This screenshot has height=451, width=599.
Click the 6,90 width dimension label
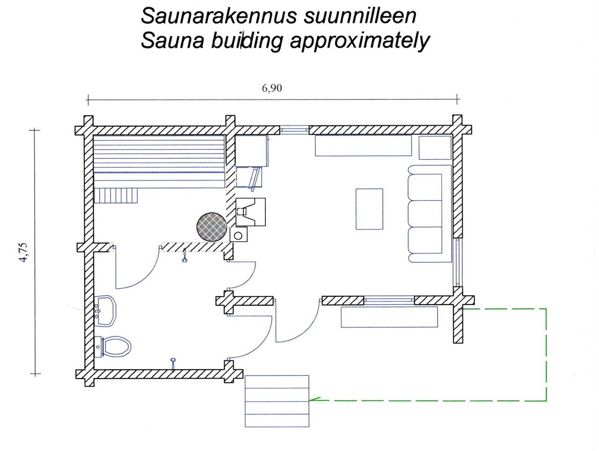[x=272, y=88]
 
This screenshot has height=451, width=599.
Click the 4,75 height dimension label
[x=24, y=252]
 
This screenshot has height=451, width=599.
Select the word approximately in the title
[x=359, y=41]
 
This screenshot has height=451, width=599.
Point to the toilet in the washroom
[x=114, y=347]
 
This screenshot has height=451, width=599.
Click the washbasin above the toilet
[x=106, y=311]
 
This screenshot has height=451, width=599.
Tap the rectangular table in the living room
[x=369, y=209]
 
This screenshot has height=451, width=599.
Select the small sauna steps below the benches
[x=117, y=195]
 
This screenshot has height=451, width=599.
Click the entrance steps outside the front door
[x=277, y=401]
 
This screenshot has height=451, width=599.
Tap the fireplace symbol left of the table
[x=250, y=212]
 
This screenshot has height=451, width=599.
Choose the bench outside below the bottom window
[x=389, y=317]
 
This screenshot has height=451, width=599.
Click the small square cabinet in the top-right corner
[x=435, y=148]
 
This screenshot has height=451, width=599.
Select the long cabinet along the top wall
[x=363, y=145]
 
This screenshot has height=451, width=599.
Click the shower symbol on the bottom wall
[x=173, y=363]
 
